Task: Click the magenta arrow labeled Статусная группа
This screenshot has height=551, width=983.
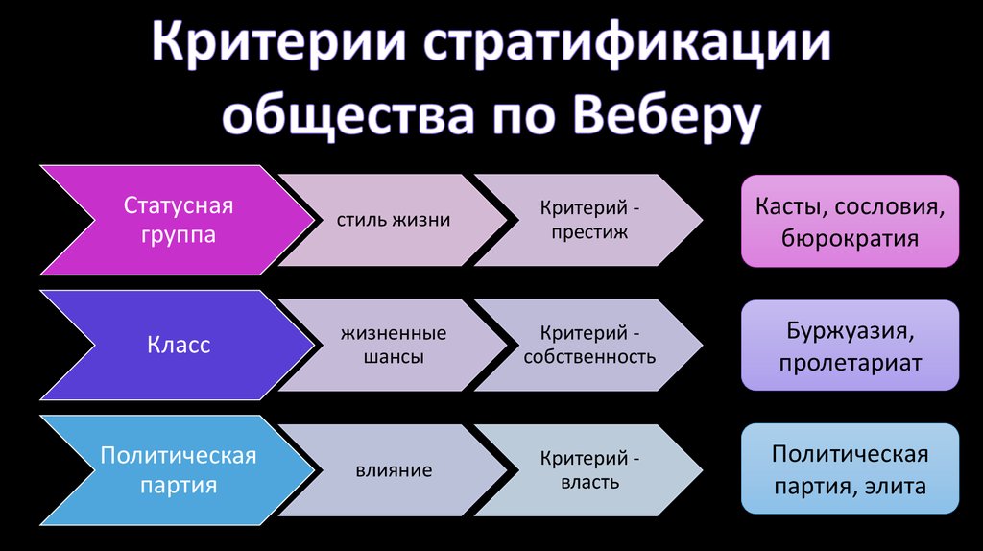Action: (179, 221)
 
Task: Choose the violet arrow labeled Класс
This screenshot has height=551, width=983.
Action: (179, 345)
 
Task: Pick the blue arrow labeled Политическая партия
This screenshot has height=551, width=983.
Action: (179, 469)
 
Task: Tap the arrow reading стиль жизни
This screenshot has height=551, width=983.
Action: (394, 221)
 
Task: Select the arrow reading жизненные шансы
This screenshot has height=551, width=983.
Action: (394, 345)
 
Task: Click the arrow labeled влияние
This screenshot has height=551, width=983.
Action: (394, 470)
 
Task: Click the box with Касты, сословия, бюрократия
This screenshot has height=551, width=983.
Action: (850, 221)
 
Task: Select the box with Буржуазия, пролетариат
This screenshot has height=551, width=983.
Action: (850, 346)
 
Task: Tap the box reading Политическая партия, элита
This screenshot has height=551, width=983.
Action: (850, 469)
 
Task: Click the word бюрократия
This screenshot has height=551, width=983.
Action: (850, 237)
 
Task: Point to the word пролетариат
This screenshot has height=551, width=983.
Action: (850, 363)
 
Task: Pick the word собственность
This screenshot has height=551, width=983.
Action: (589, 357)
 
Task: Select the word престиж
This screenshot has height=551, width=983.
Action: (589, 232)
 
